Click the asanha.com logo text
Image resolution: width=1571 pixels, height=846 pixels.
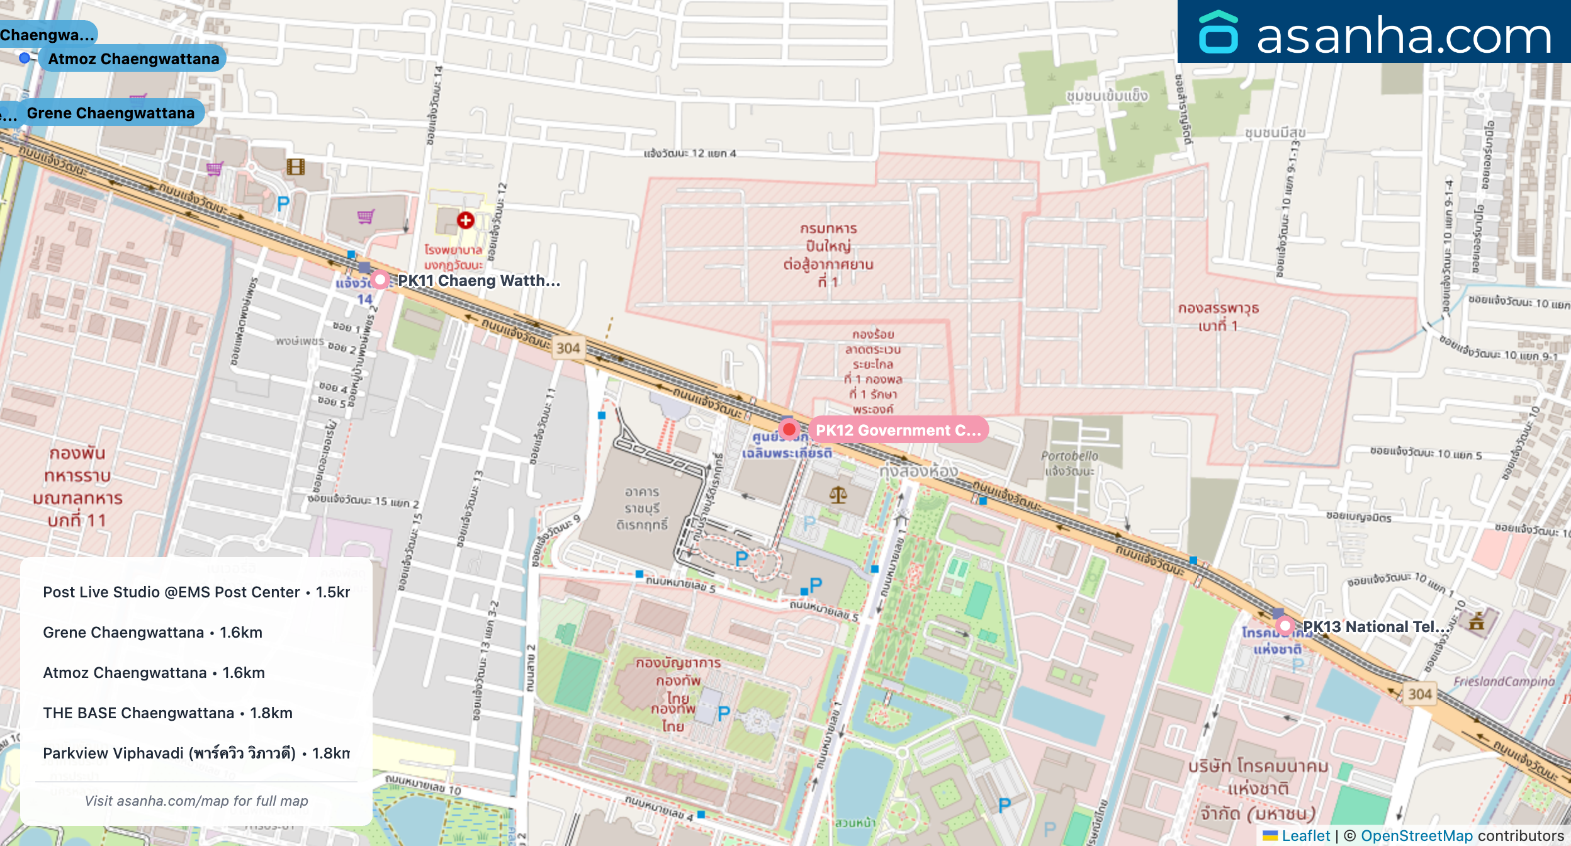[x=1404, y=36]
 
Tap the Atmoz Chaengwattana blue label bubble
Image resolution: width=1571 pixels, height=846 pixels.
[x=133, y=59]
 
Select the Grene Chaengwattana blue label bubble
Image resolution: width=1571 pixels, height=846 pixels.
[x=110, y=113]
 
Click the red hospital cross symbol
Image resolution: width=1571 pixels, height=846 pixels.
[x=466, y=220]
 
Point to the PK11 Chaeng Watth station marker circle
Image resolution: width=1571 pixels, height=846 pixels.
[x=380, y=279]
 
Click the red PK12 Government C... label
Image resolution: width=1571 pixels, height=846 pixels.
[x=898, y=430]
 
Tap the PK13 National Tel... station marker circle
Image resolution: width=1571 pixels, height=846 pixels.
[x=1285, y=626]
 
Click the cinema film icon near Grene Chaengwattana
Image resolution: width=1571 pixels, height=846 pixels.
[x=296, y=167]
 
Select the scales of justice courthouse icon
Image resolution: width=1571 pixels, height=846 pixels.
[x=838, y=495]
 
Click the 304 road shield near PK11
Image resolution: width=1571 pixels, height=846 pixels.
[x=568, y=348]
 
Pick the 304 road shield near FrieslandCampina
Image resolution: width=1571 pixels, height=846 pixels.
[x=1420, y=694]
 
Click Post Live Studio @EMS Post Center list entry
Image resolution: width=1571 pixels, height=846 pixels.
[x=196, y=592]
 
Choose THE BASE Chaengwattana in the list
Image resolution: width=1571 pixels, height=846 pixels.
[x=167, y=713]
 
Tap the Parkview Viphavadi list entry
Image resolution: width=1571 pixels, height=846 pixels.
[x=196, y=753]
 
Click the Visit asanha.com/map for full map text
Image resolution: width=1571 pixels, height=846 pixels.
[x=196, y=801]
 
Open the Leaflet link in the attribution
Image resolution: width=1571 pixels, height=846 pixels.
[x=1305, y=836]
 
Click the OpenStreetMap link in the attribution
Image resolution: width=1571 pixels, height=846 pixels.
[x=1416, y=836]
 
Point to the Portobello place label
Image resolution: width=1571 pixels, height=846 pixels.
[x=1069, y=456]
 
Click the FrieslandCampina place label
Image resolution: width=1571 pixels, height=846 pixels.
[x=1504, y=681]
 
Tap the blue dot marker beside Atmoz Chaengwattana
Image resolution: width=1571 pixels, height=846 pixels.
[x=25, y=58]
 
